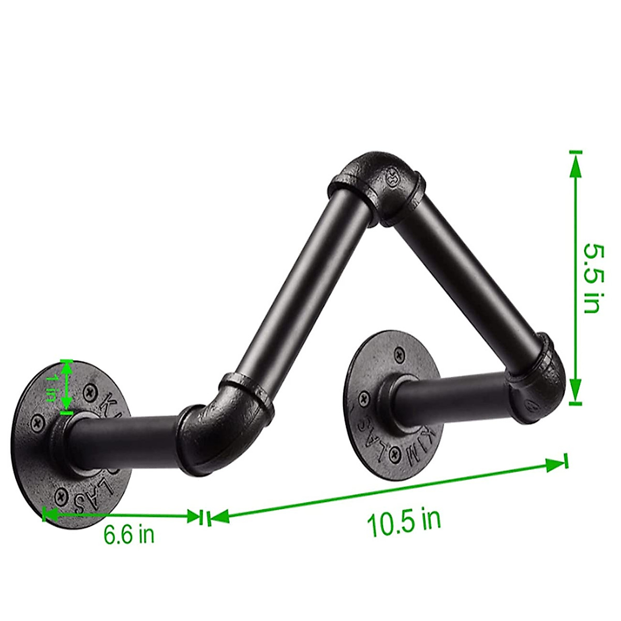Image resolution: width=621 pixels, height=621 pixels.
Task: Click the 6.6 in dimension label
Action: tap(129, 534)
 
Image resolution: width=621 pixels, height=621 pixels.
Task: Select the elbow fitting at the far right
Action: tap(538, 383)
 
